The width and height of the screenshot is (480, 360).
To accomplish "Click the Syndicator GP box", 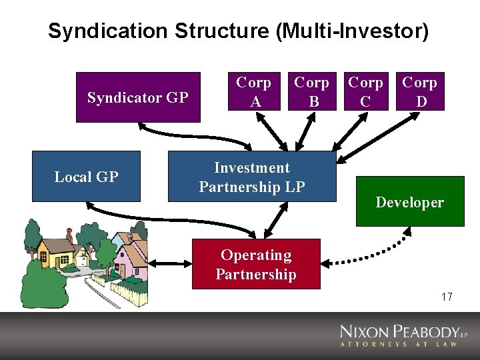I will pyautogui.click(x=138, y=97).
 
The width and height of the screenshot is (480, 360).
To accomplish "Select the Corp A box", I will pyautogui.click(x=253, y=92).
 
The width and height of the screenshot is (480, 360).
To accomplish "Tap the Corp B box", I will pyautogui.click(x=311, y=92).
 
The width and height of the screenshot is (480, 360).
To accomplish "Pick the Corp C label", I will pyautogui.click(x=366, y=92).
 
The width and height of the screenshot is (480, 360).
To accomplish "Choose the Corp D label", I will pyautogui.click(x=419, y=92).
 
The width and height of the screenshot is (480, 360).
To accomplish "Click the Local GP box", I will pyautogui.click(x=86, y=177).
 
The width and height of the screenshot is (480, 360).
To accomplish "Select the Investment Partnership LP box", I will pyautogui.click(x=252, y=177).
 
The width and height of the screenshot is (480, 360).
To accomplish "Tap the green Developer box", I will pyautogui.click(x=409, y=201).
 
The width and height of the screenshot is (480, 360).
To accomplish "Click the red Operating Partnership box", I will pyautogui.click(x=256, y=264).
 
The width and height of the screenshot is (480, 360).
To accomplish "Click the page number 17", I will pyautogui.click(x=447, y=297).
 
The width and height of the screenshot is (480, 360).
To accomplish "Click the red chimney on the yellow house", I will pyautogui.click(x=69, y=235).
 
